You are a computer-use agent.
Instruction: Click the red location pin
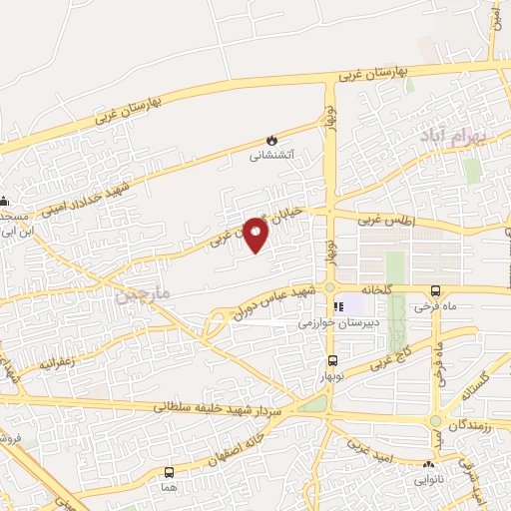tap(256, 235)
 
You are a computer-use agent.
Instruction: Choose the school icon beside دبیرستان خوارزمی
tap(338, 306)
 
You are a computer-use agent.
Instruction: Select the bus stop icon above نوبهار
tap(332, 361)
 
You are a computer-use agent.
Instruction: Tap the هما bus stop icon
tap(169, 472)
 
